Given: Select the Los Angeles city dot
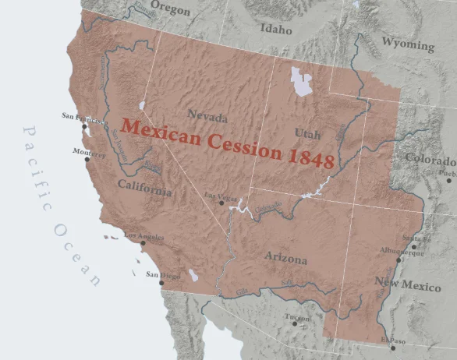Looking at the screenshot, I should click(x=143, y=242).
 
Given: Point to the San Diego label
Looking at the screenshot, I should click(x=164, y=274).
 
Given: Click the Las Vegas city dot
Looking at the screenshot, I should click(x=222, y=203).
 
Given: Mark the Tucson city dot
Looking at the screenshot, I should click(x=294, y=323).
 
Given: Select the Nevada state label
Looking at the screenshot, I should click(x=207, y=118).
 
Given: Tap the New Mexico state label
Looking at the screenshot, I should click(x=407, y=282).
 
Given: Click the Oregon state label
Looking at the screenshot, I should click(x=169, y=7).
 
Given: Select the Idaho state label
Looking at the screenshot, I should click(x=275, y=30).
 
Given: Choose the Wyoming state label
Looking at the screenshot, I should click(x=407, y=44).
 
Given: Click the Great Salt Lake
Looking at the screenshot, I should click(x=301, y=82).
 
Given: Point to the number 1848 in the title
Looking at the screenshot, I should click(x=310, y=157).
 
